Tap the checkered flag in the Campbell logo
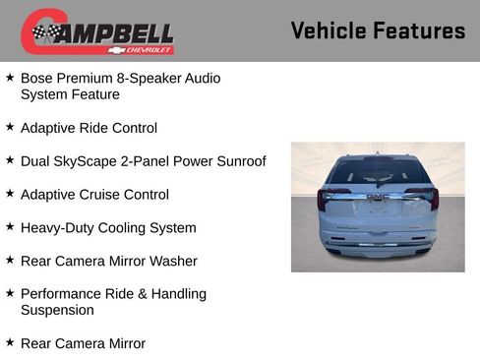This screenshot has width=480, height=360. [44, 33]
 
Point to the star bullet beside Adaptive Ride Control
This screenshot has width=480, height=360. [10, 127]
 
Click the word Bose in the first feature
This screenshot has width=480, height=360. [37, 78]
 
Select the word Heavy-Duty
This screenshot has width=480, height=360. [59, 227]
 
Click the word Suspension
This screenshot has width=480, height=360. [57, 310]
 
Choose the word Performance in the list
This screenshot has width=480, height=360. [63, 294]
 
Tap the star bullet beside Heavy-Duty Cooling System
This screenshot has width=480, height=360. [10, 226]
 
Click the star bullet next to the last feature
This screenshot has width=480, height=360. [10, 342]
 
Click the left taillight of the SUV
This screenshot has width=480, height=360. [328, 199]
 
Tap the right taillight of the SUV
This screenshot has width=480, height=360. [428, 198]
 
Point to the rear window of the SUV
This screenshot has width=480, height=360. [378, 172]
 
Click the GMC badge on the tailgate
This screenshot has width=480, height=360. [378, 197]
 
